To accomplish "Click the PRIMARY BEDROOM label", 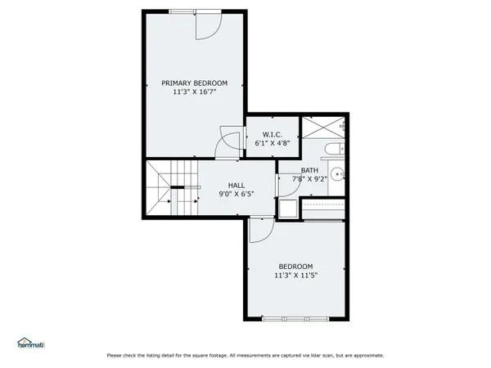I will [194, 83].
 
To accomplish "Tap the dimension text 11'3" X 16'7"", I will [194, 92].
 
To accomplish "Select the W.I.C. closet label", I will [273, 133].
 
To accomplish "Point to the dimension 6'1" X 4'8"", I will [273, 142].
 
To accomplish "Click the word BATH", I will [309, 170].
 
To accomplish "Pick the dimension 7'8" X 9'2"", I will [309, 179].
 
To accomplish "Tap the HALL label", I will [236, 185].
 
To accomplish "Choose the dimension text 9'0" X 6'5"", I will [236, 195].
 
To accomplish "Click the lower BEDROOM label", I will [295, 266].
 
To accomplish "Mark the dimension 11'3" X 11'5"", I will [295, 276].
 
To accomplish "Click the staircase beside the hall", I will [173, 187].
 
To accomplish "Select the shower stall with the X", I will [323, 128].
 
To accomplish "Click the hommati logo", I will [32, 343].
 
